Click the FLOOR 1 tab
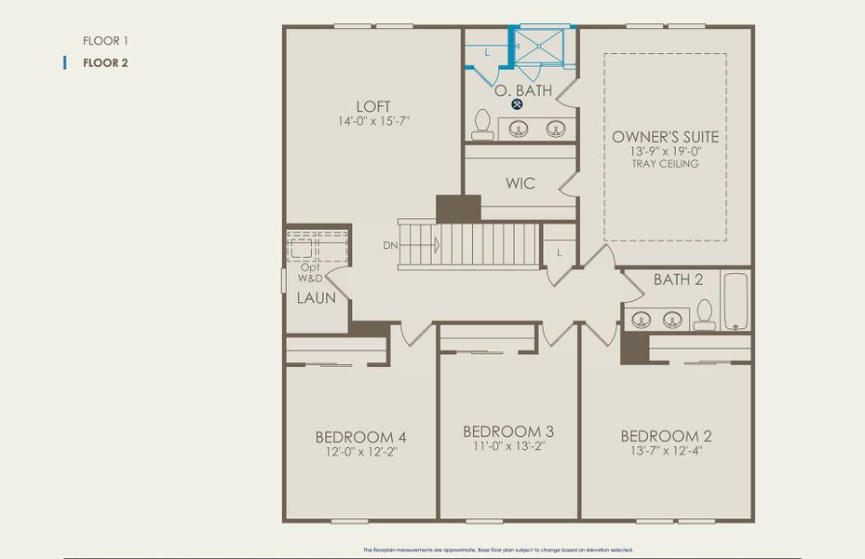pos(105,41)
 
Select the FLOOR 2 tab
pos(105,63)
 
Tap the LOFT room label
pos(372,106)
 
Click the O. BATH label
pos(522,90)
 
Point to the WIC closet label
pos(520,184)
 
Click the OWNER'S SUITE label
pos(665,137)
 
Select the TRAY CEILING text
pos(665,164)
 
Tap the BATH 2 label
pos(677,279)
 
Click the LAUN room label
pos(316,298)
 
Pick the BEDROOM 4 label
pos(360,437)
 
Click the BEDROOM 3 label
pos(508,431)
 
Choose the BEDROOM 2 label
pos(666,436)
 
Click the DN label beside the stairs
pos(389,246)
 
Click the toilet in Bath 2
pos(704,315)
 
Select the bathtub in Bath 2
pos(736,300)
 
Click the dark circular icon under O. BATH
pos(517,104)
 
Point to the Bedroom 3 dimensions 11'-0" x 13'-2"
pos(508,446)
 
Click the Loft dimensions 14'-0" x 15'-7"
pos(372,121)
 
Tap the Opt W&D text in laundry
pos(310,272)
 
